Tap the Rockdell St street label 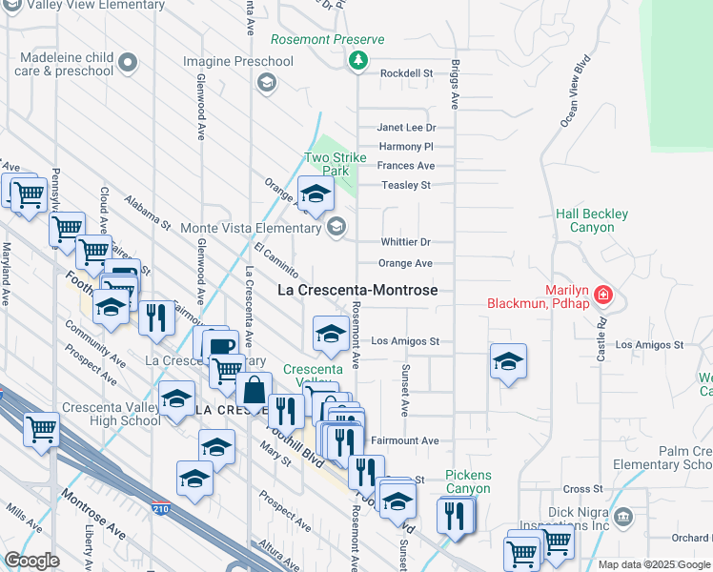(407, 72)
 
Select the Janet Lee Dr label (406, 127)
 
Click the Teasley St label (406, 185)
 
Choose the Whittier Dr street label (405, 242)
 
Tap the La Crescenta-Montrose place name (357, 290)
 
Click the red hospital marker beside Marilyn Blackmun (601, 295)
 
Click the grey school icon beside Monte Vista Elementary (335, 226)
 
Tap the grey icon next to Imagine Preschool (266, 83)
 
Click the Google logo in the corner (31, 561)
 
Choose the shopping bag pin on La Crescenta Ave (254, 391)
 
